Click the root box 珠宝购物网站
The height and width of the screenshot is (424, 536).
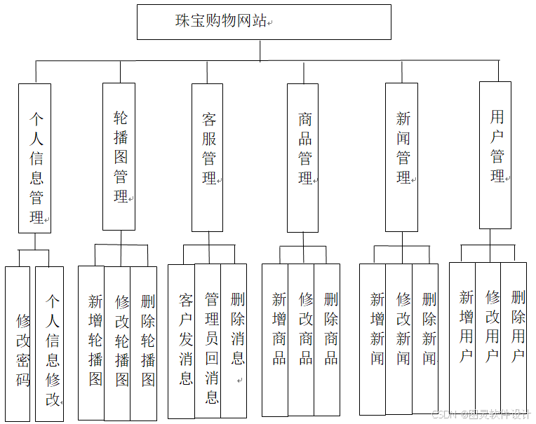coord(263,22)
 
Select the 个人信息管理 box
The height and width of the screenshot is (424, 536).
coord(35,158)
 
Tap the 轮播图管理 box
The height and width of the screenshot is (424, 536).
coord(119,157)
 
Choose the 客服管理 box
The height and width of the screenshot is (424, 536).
coord(208,158)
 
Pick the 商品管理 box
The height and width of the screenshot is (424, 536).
coord(303,158)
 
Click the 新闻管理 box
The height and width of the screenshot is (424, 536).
coord(402,158)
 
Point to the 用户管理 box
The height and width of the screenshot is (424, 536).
coord(495,156)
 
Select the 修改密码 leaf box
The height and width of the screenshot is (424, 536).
coord(18,343)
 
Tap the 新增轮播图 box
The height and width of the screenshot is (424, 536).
coord(92,343)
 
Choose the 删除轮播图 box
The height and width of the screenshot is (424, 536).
coord(145,343)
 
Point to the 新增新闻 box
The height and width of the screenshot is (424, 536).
coord(373,340)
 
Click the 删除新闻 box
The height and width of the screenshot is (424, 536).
coord(426,340)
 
